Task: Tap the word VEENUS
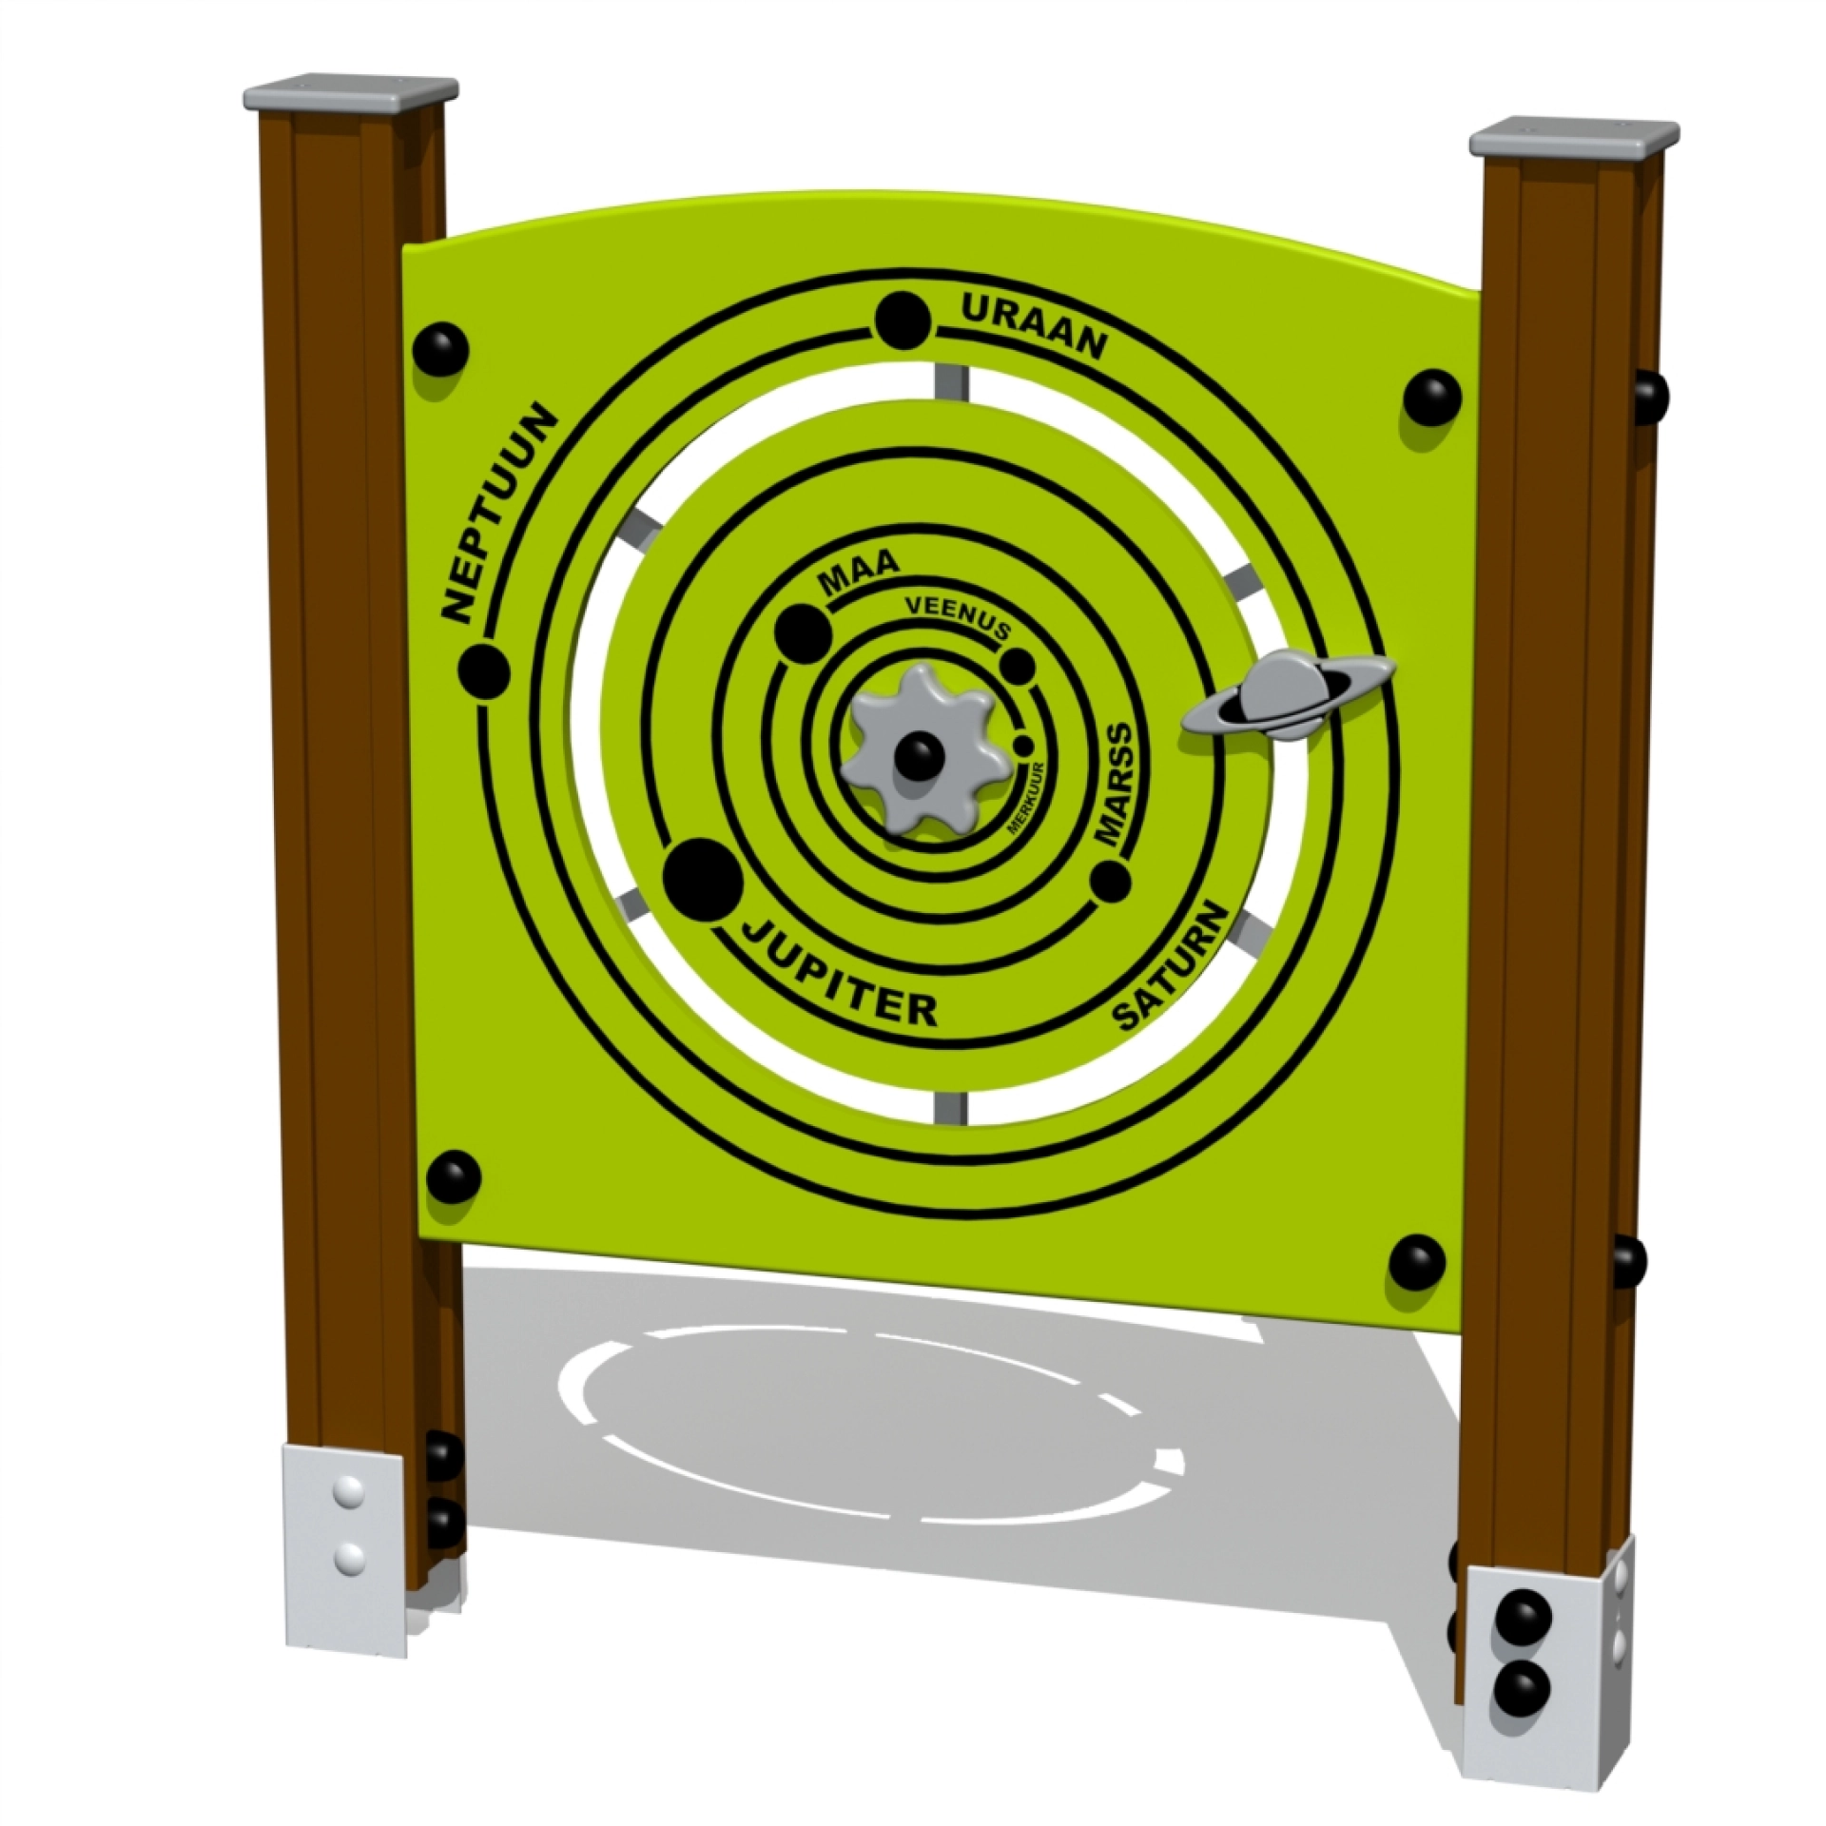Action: pos(955,617)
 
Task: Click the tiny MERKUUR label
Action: pos(1026,797)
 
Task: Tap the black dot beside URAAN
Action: pos(902,319)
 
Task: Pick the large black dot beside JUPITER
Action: pos(704,881)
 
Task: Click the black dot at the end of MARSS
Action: pos(1109,881)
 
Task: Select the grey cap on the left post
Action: pos(349,95)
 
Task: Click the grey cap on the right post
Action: pos(1573,138)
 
